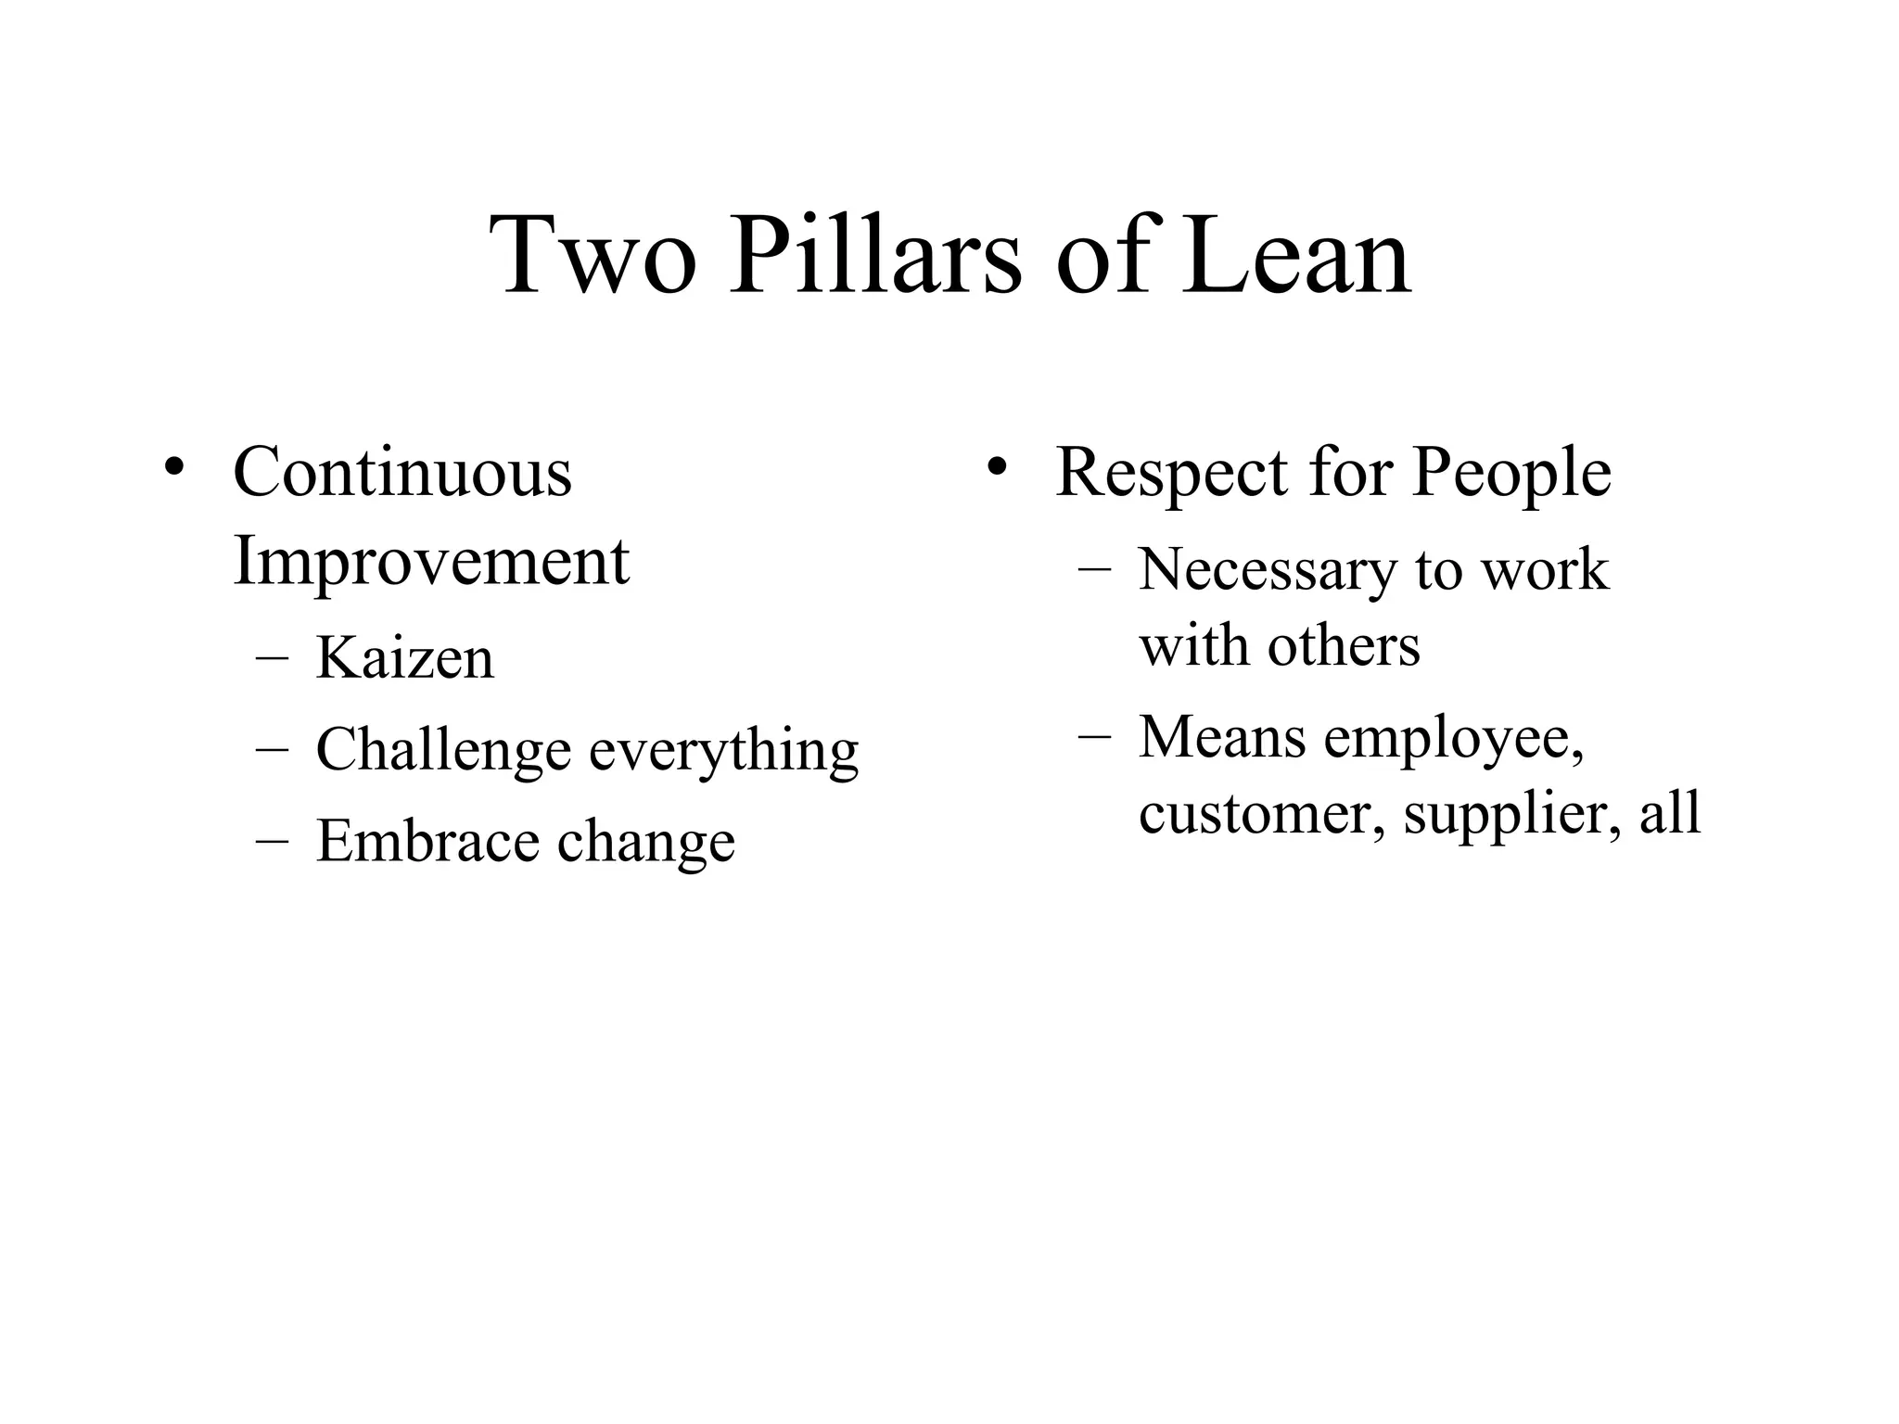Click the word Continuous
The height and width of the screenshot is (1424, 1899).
(x=402, y=472)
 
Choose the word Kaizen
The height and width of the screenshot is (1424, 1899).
(x=404, y=657)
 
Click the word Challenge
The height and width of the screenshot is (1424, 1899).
(x=443, y=749)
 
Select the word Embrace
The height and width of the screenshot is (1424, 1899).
(x=427, y=841)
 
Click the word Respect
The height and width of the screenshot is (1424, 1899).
(x=1171, y=474)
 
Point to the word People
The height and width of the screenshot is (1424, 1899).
(x=1511, y=474)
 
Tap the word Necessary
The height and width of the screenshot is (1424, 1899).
(x=1267, y=569)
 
